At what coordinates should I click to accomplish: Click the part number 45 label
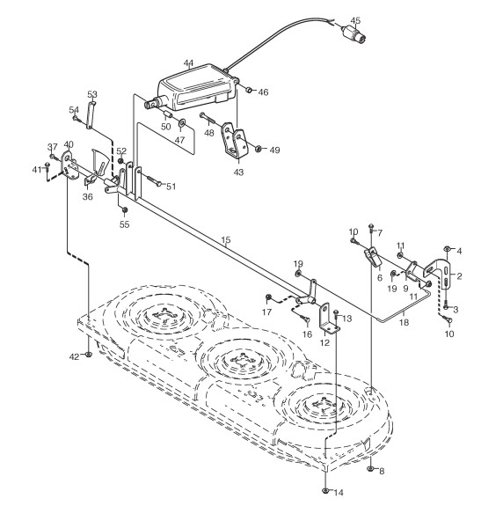point(355,20)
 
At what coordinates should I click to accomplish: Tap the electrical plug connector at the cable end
point(354,34)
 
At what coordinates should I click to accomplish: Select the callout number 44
point(188,63)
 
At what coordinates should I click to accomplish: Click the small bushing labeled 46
point(250,91)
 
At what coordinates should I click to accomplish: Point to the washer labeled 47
point(182,122)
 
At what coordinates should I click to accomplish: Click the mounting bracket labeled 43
point(234,143)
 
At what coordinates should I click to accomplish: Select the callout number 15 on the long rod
point(226,240)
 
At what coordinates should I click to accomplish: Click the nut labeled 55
point(125,210)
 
